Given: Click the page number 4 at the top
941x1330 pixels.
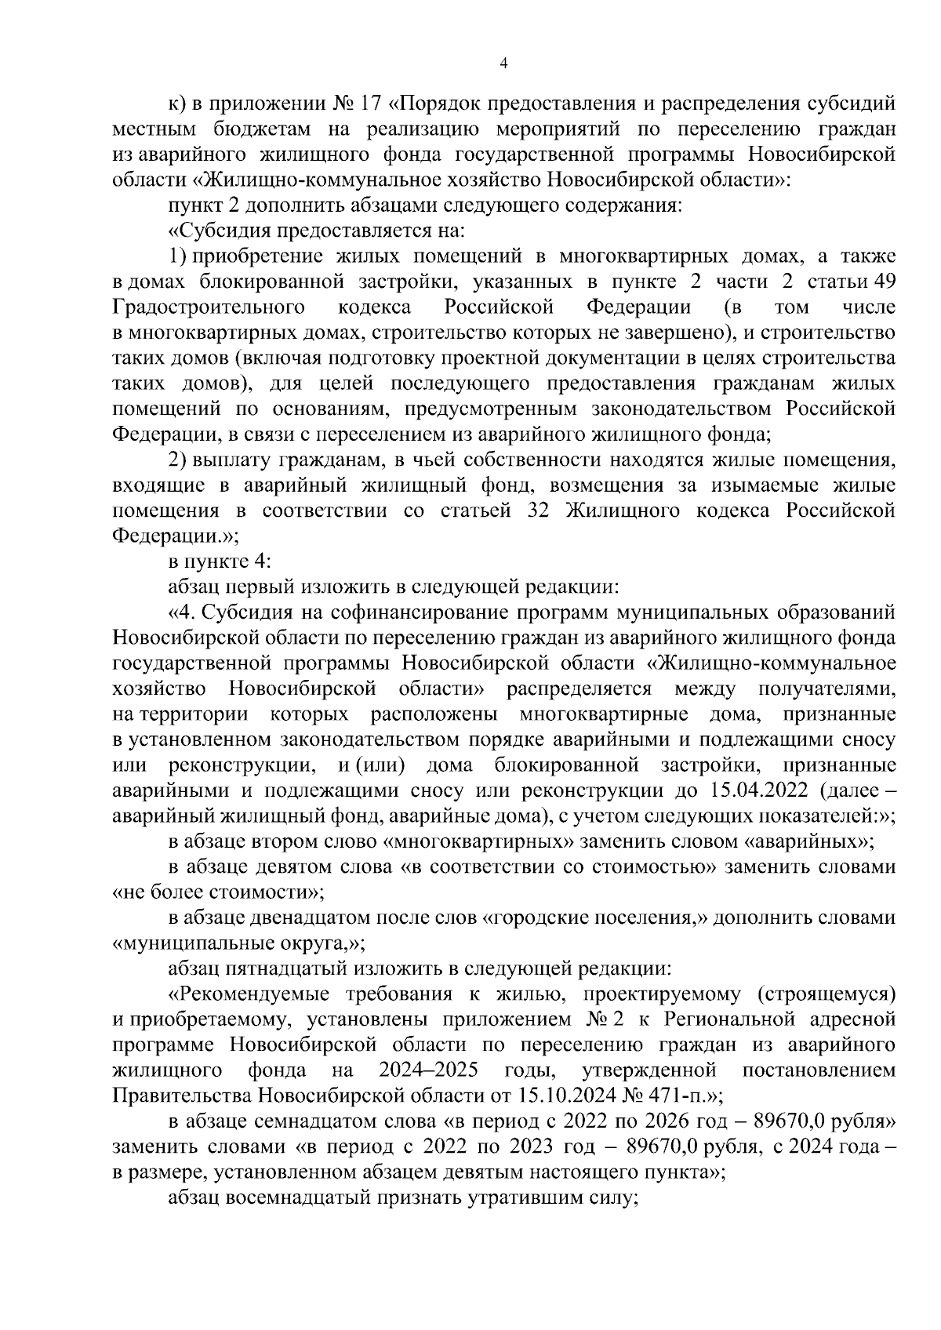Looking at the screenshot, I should [503, 64].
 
